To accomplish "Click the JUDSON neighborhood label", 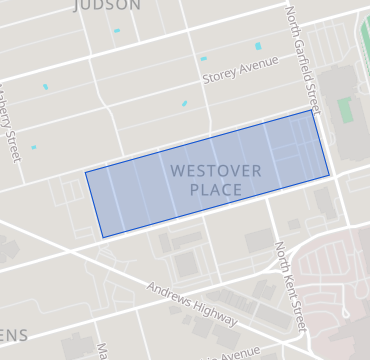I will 106,5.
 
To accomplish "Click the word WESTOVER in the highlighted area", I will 215,171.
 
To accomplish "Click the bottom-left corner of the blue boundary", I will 102,237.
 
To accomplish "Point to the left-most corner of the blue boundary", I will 85,172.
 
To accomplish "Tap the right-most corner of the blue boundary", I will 329,176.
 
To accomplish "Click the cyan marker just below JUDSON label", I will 117,30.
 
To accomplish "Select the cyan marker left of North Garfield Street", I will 259,46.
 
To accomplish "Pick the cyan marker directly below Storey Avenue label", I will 184,103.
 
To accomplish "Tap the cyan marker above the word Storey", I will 203,58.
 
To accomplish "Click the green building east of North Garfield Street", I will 345,109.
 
